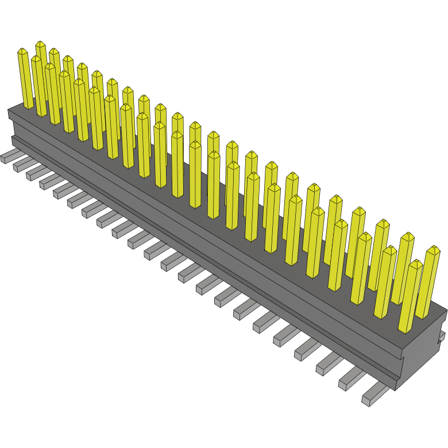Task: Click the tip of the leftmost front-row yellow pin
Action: [22, 52]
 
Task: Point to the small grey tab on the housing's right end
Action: [442, 335]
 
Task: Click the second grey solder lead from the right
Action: [351, 379]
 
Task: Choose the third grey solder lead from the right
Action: [328, 364]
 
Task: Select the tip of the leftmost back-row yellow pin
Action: [40, 45]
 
